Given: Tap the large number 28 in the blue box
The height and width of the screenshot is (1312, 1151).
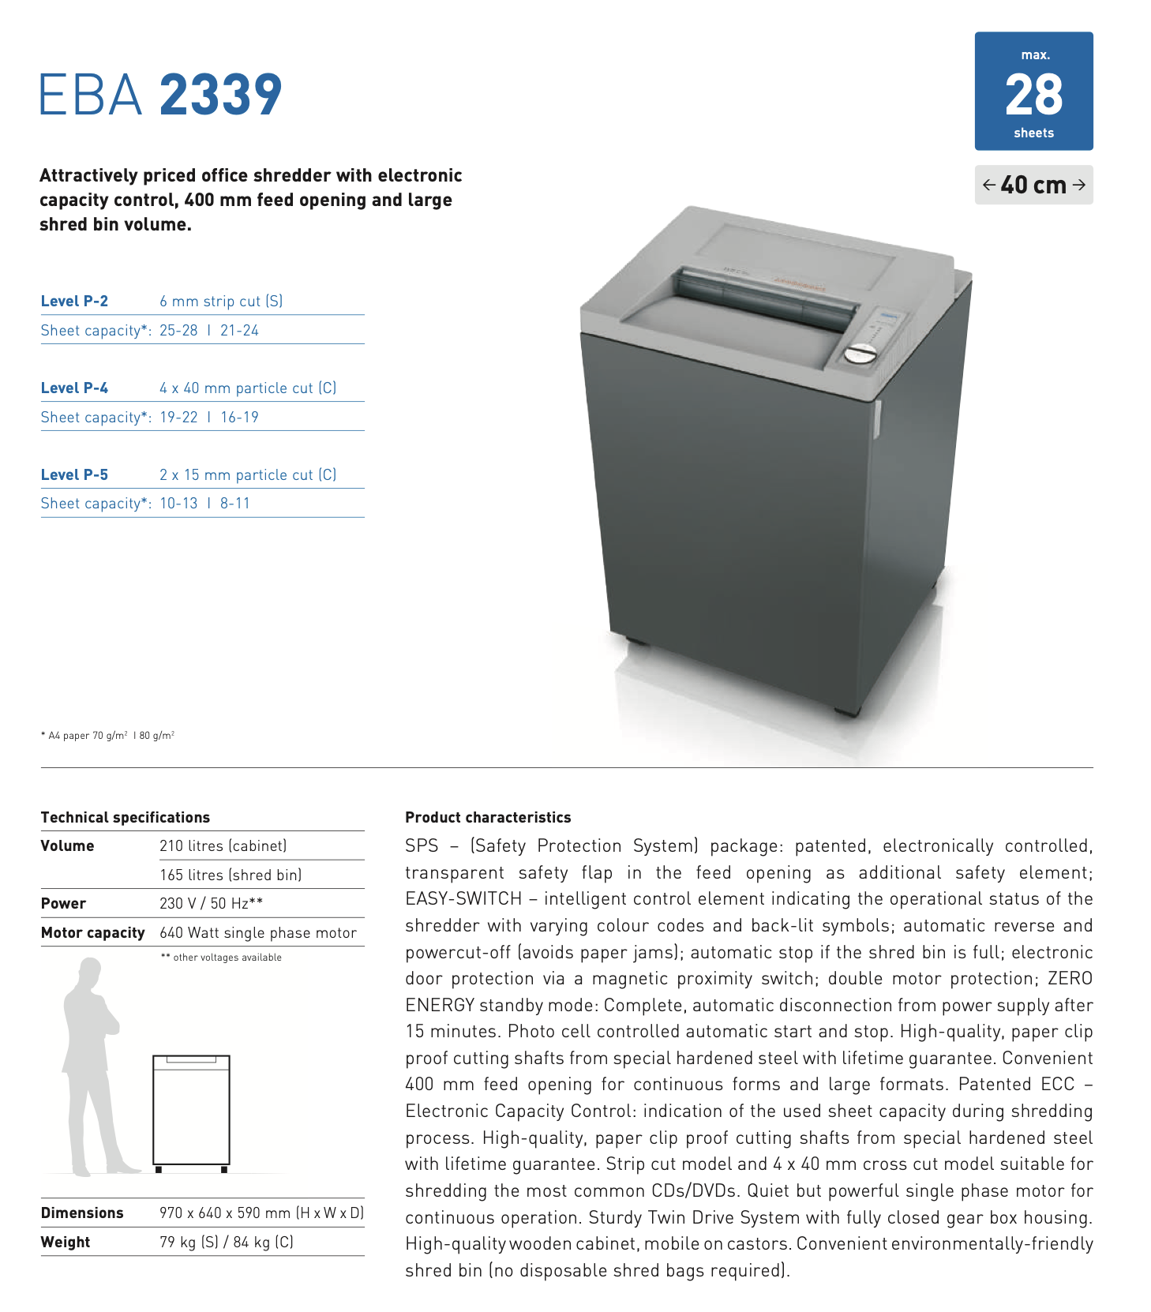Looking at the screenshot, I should pyautogui.click(x=1033, y=95).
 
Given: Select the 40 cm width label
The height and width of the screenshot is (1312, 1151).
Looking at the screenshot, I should pyautogui.click(x=1033, y=185).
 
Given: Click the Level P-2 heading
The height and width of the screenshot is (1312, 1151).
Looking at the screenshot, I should pyautogui.click(x=74, y=301).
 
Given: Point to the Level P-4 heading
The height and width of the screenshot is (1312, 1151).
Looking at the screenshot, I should pyautogui.click(x=74, y=388).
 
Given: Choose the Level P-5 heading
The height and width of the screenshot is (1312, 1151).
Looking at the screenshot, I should pyautogui.click(x=74, y=474).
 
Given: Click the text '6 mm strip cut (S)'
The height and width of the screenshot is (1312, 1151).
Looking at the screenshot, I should pyautogui.click(x=221, y=301).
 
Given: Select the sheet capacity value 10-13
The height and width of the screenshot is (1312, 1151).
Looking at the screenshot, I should pyautogui.click(x=178, y=504).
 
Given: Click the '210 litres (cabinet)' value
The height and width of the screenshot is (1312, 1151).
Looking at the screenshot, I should pyautogui.click(x=223, y=845).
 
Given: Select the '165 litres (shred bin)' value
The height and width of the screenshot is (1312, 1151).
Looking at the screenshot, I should pyautogui.click(x=231, y=875).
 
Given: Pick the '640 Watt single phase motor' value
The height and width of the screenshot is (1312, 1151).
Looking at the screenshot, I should pyautogui.click(x=258, y=932).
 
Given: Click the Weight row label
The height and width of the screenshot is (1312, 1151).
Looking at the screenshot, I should pyautogui.click(x=66, y=1242).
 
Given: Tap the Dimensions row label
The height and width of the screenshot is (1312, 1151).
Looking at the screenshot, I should pyautogui.click(x=82, y=1213).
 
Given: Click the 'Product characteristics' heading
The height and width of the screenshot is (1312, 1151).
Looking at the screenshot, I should pyautogui.click(x=488, y=817).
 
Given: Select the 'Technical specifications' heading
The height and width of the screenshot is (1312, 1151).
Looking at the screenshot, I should pyautogui.click(x=126, y=817).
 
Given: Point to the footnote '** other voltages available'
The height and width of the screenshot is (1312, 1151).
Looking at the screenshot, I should pyautogui.click(x=221, y=958).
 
